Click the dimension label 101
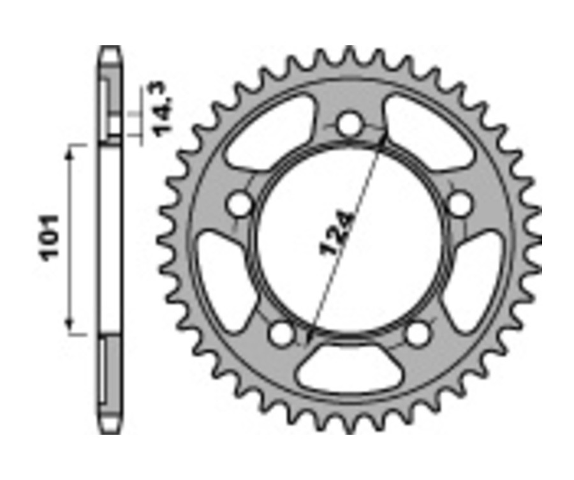pos(50,237)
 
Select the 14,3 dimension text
pos(161,109)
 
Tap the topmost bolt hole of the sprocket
pos(349,124)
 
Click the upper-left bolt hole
pos(241,204)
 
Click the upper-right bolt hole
pos(458,204)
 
